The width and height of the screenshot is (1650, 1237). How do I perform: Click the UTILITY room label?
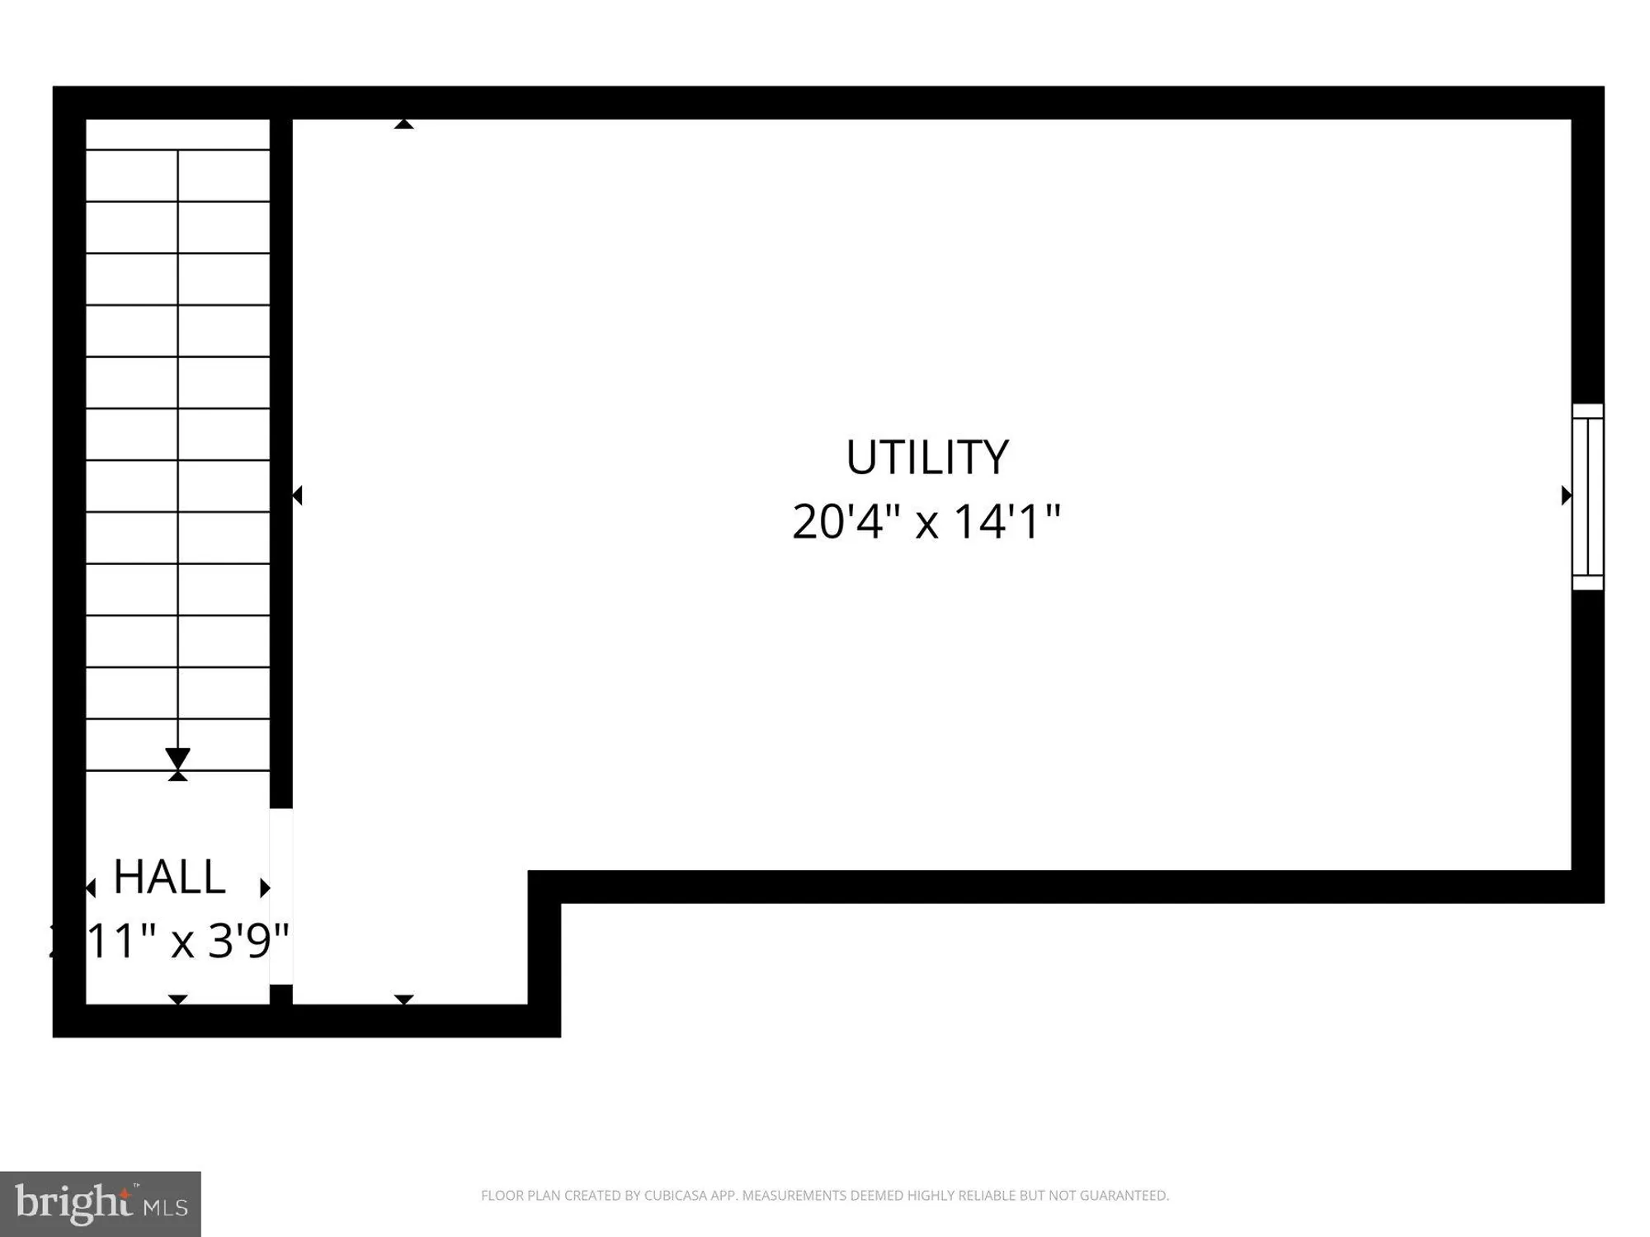click(x=926, y=458)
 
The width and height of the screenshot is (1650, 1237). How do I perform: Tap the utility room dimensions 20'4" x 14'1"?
click(x=926, y=522)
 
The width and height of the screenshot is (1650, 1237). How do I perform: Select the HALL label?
click(x=169, y=877)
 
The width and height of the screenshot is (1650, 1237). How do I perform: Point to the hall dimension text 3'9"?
click(x=247, y=941)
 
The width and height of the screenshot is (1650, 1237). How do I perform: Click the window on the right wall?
click(x=1587, y=496)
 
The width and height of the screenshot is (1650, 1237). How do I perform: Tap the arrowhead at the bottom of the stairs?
click(x=177, y=759)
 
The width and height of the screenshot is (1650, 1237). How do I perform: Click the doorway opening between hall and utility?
click(x=281, y=896)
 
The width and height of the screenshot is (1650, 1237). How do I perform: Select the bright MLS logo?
click(x=100, y=1204)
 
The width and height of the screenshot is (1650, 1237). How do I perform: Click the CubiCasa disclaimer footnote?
click(x=824, y=1196)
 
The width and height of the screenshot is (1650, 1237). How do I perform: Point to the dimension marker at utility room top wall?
click(x=403, y=125)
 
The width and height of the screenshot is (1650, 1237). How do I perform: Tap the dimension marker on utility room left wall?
click(x=298, y=496)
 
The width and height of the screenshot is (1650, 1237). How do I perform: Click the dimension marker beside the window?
click(x=1566, y=496)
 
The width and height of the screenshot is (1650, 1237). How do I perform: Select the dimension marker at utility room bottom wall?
click(x=403, y=999)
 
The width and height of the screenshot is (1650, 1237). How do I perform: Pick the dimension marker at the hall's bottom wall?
click(x=177, y=999)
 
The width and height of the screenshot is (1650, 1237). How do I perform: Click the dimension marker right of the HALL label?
click(x=265, y=887)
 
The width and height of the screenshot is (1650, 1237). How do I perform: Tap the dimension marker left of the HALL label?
click(x=91, y=888)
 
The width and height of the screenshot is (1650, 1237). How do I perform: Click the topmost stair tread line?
click(x=177, y=150)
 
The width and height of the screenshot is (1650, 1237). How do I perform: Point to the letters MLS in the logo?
click(x=167, y=1207)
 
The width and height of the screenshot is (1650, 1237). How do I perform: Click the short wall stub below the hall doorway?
click(x=281, y=995)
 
